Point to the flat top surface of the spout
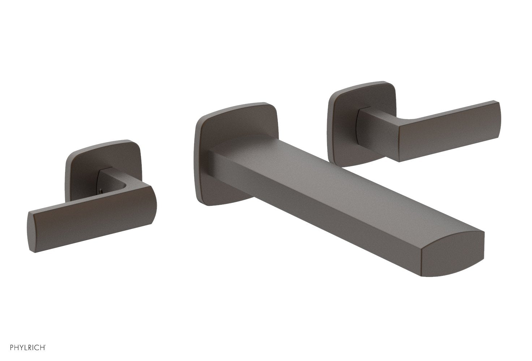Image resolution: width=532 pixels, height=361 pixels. click(325, 180)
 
